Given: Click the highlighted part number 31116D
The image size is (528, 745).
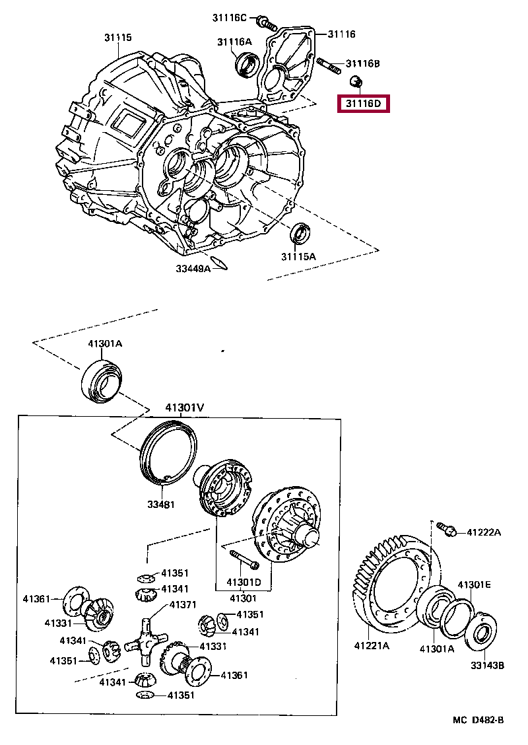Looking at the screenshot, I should [364, 104].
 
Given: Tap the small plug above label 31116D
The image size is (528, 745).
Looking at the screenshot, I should [356, 82].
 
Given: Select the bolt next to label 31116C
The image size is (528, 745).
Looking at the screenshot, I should [267, 23].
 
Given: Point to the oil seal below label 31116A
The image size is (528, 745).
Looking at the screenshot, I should [247, 65].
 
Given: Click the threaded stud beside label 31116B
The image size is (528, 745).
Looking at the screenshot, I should [329, 64].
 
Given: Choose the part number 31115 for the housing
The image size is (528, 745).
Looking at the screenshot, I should [117, 38].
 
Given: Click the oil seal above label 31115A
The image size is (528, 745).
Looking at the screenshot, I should [302, 233].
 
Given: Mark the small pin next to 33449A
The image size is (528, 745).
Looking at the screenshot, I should [220, 262].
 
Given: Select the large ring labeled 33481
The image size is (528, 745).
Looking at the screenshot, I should [169, 451].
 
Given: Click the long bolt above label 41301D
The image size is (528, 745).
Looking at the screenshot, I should [244, 559].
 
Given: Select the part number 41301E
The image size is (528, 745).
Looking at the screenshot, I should [475, 585].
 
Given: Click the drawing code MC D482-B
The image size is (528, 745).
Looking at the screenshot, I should [478, 720].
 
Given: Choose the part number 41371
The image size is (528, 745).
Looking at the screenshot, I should [183, 604].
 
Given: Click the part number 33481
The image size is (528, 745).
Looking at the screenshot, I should [160, 505].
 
